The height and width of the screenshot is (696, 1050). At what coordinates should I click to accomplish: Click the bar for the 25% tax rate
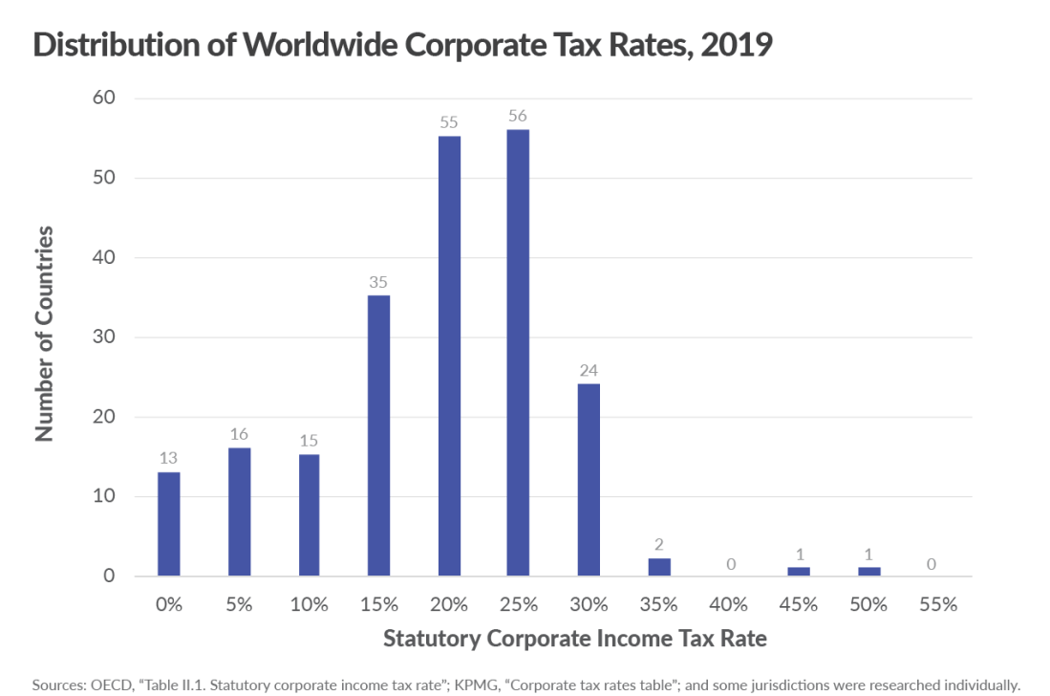pyautogui.click(x=518, y=353)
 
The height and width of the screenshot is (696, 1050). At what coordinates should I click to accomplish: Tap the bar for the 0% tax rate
pyautogui.click(x=169, y=524)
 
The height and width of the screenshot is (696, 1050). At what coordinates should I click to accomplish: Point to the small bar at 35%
pyautogui.click(x=658, y=567)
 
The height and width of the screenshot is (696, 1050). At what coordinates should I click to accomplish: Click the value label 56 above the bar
pyautogui.click(x=518, y=117)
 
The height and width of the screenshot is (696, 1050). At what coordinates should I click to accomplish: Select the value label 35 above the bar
pyautogui.click(x=378, y=283)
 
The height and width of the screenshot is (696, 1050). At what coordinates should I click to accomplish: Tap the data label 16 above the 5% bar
pyautogui.click(x=239, y=435)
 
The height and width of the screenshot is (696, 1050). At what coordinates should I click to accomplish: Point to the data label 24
pyautogui.click(x=589, y=371)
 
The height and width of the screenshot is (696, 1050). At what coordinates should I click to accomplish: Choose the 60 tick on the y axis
pyautogui.click(x=106, y=98)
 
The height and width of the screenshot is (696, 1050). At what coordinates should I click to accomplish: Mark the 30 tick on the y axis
pyautogui.click(x=106, y=337)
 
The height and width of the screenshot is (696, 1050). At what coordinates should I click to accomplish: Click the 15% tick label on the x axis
pyautogui.click(x=378, y=604)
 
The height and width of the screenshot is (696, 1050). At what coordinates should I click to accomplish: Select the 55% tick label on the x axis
pyautogui.click(x=937, y=604)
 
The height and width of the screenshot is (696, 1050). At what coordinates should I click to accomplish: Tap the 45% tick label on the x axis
pyautogui.click(x=798, y=604)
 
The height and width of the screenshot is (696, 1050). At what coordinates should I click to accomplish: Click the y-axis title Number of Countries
pyautogui.click(x=44, y=335)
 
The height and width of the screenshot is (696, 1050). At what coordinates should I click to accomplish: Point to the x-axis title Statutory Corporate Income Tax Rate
pyautogui.click(x=574, y=639)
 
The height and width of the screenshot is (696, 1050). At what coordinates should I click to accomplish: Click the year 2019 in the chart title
pyautogui.click(x=736, y=46)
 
